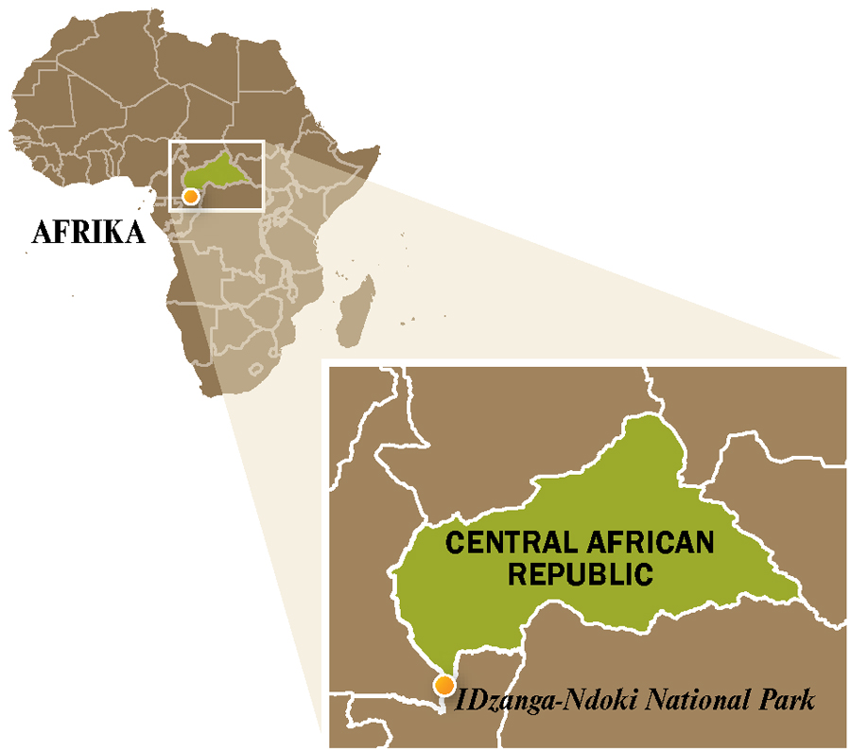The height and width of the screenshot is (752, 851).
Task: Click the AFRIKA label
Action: pos(89,232)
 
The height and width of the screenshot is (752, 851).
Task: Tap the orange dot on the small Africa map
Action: pos(191,196)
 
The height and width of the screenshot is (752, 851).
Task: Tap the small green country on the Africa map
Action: pos(219,173)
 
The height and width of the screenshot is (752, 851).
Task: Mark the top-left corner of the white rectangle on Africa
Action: pos(169,142)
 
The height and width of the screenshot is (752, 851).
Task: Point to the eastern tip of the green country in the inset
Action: pos(799,598)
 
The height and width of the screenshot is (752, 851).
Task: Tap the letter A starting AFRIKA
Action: pos(41,232)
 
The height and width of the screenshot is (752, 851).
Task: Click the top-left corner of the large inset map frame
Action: pos(325,362)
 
